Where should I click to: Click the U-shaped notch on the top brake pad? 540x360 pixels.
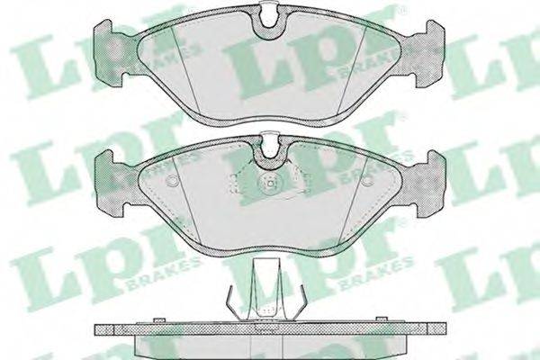[269, 21]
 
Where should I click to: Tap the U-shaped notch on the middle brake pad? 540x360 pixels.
[269, 150]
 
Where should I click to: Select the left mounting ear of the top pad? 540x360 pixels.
[110, 53]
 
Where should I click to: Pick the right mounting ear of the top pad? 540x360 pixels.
[430, 53]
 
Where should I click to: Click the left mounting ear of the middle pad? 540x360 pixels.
[110, 184]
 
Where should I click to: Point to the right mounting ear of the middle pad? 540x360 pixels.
[430, 184]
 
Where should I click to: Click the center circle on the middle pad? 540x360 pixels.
[269, 184]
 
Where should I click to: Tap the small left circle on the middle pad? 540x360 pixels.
[172, 180]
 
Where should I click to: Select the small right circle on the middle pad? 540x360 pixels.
[367, 180]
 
